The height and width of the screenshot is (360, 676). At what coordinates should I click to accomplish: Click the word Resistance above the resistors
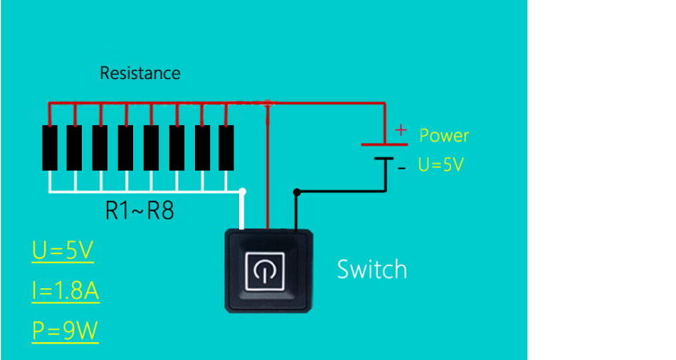[140, 73]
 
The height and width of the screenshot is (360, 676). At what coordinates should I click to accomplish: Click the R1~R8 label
[139, 211]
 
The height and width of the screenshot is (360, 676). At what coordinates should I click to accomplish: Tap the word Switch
[371, 270]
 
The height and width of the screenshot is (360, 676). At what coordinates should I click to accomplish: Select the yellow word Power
[444, 136]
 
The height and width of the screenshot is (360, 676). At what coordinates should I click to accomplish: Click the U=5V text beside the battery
[440, 165]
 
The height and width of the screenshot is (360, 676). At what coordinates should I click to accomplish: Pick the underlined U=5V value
[63, 250]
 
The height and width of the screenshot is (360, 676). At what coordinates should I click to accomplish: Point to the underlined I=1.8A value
[65, 291]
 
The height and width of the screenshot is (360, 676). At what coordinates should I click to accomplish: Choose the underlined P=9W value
[65, 331]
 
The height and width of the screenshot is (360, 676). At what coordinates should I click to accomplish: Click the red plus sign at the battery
[401, 129]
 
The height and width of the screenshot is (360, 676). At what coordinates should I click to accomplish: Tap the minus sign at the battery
[402, 168]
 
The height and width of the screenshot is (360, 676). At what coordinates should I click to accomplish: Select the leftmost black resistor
[50, 148]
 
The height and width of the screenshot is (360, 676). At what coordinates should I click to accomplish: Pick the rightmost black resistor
[226, 148]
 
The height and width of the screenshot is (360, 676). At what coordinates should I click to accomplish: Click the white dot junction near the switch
[244, 191]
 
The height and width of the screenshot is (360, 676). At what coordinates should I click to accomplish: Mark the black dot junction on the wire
[297, 191]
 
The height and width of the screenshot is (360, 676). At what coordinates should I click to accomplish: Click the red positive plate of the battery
[384, 144]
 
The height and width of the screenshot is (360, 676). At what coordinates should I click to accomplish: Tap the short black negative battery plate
[384, 159]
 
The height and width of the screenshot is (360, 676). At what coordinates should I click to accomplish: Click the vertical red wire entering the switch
[268, 171]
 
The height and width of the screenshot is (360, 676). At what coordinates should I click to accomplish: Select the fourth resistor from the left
[126, 148]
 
